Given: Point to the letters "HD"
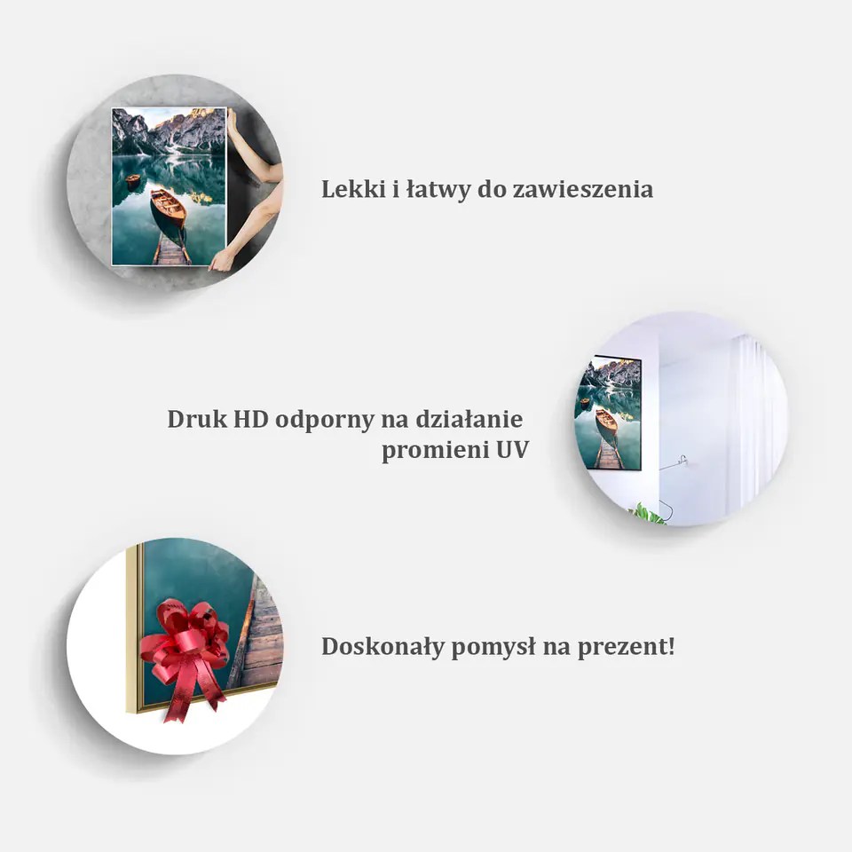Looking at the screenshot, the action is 251,419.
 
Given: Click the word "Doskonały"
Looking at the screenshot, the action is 383,647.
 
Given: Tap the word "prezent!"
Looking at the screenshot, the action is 626,648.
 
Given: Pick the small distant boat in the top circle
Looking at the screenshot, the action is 132,178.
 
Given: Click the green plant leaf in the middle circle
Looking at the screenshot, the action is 647,514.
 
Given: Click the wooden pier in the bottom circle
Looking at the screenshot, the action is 257,635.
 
